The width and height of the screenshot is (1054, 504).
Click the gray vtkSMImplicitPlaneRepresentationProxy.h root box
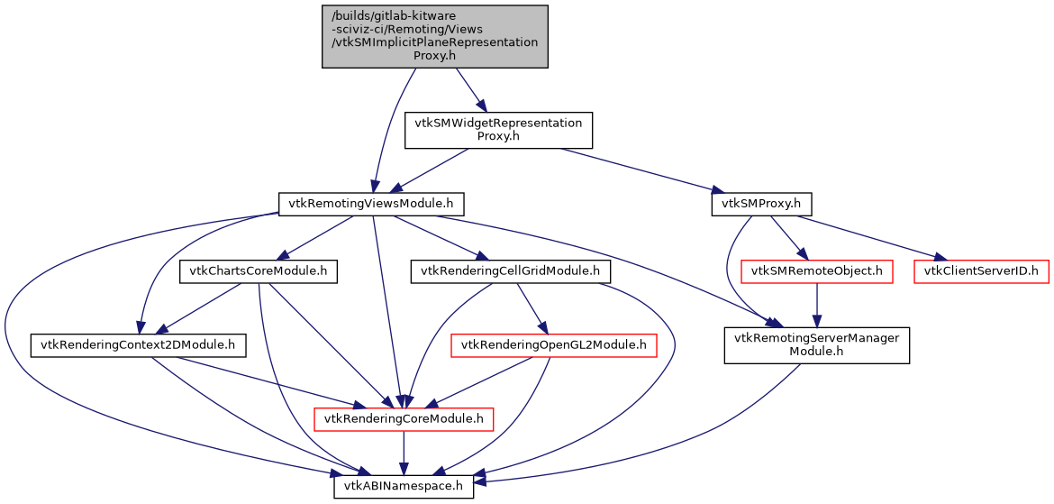pyautogui.click(x=435, y=36)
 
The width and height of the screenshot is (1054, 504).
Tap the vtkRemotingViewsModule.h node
pyautogui.click(x=370, y=204)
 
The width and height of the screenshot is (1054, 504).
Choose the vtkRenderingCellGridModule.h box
pyautogui.click(x=511, y=270)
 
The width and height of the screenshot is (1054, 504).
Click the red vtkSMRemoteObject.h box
pyautogui.click(x=816, y=270)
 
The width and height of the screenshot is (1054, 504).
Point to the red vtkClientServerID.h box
pyautogui.click(x=982, y=270)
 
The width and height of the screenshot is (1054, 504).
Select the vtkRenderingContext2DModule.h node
pyautogui.click(x=139, y=344)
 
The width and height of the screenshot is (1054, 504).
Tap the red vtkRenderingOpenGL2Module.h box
pyautogui.click(x=554, y=344)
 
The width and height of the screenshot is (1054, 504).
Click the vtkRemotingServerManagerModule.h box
pyautogui.click(x=817, y=345)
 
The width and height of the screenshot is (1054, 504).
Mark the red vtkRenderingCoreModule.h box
pyautogui.click(x=403, y=418)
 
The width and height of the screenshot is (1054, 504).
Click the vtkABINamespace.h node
pyautogui.click(x=404, y=487)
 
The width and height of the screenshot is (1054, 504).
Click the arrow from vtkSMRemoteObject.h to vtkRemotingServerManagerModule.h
pyautogui.click(x=816, y=305)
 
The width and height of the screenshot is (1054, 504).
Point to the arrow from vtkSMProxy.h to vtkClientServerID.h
pyautogui.click(x=865, y=236)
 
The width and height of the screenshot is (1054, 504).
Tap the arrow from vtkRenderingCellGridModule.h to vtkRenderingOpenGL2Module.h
pyautogui.click(x=529, y=307)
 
